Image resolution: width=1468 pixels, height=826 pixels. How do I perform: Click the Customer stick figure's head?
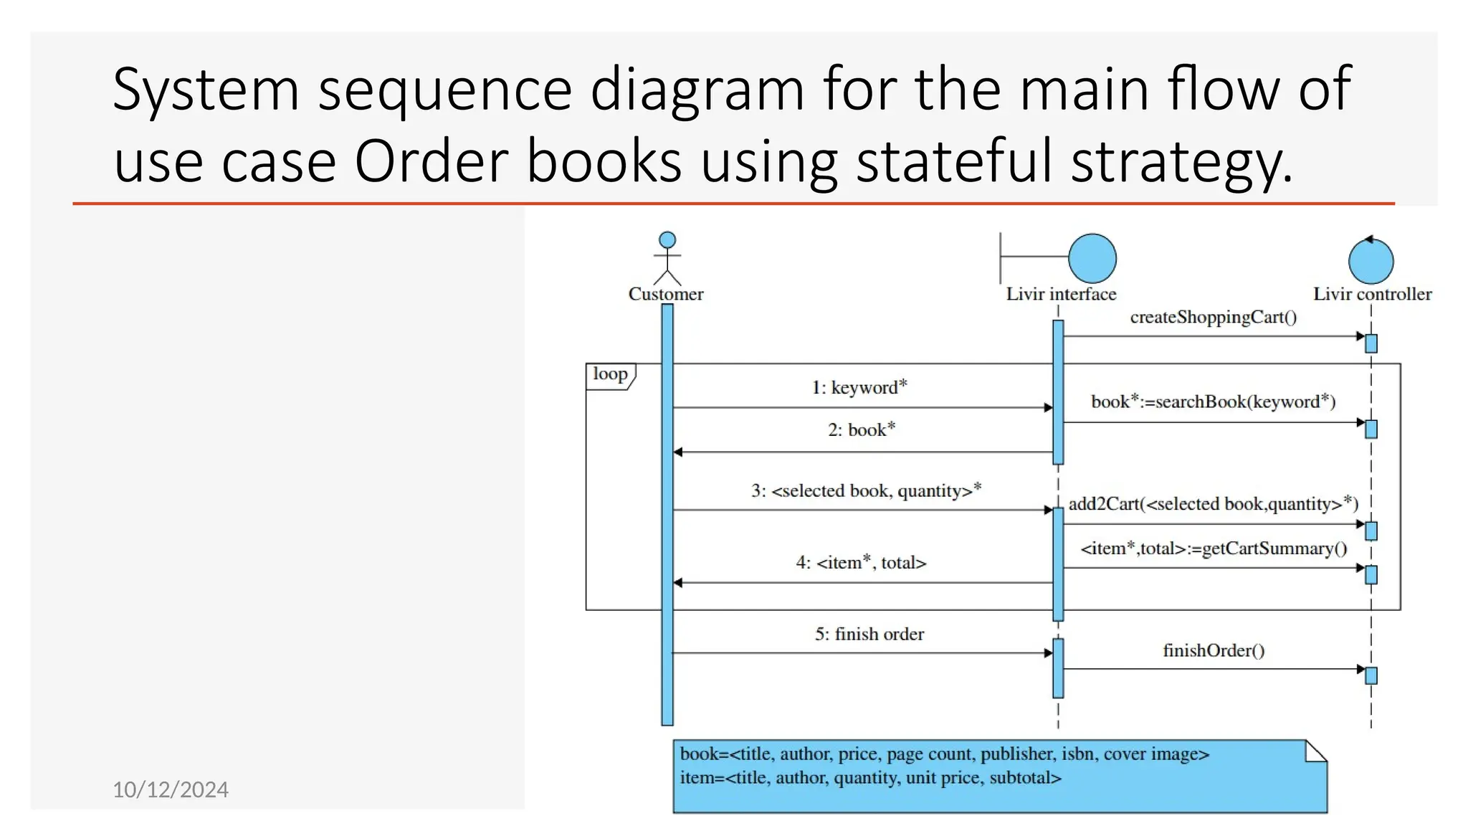[x=667, y=239]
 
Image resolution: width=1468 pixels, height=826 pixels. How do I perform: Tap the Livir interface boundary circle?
[x=1092, y=258]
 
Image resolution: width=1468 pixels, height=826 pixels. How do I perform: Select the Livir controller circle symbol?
[x=1371, y=262]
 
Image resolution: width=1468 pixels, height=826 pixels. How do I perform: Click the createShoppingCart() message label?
[x=1213, y=317]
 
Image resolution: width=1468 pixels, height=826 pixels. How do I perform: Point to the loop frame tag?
[x=610, y=374]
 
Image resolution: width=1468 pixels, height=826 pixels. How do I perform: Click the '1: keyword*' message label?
[x=859, y=387]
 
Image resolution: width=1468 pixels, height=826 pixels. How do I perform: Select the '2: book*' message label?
[x=862, y=429]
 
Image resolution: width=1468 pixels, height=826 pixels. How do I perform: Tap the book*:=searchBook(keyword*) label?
[x=1213, y=402]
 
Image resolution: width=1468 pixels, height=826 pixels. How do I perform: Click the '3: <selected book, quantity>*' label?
[x=866, y=490]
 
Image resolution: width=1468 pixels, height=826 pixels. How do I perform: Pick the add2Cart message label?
[x=1213, y=504]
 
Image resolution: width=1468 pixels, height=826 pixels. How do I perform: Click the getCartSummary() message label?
[x=1214, y=549]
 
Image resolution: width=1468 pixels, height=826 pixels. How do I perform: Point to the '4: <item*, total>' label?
[x=861, y=563]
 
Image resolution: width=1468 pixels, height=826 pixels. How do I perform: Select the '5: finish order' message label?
[x=869, y=634]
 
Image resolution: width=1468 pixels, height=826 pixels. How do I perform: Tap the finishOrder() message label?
[x=1214, y=650]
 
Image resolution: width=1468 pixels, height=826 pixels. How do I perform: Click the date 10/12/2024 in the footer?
[x=171, y=789]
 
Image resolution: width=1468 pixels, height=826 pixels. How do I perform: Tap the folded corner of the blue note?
[x=1316, y=751]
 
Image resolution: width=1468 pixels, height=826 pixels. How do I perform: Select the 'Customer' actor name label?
[x=666, y=294]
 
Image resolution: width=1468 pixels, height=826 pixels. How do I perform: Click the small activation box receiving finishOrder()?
[x=1371, y=675]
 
